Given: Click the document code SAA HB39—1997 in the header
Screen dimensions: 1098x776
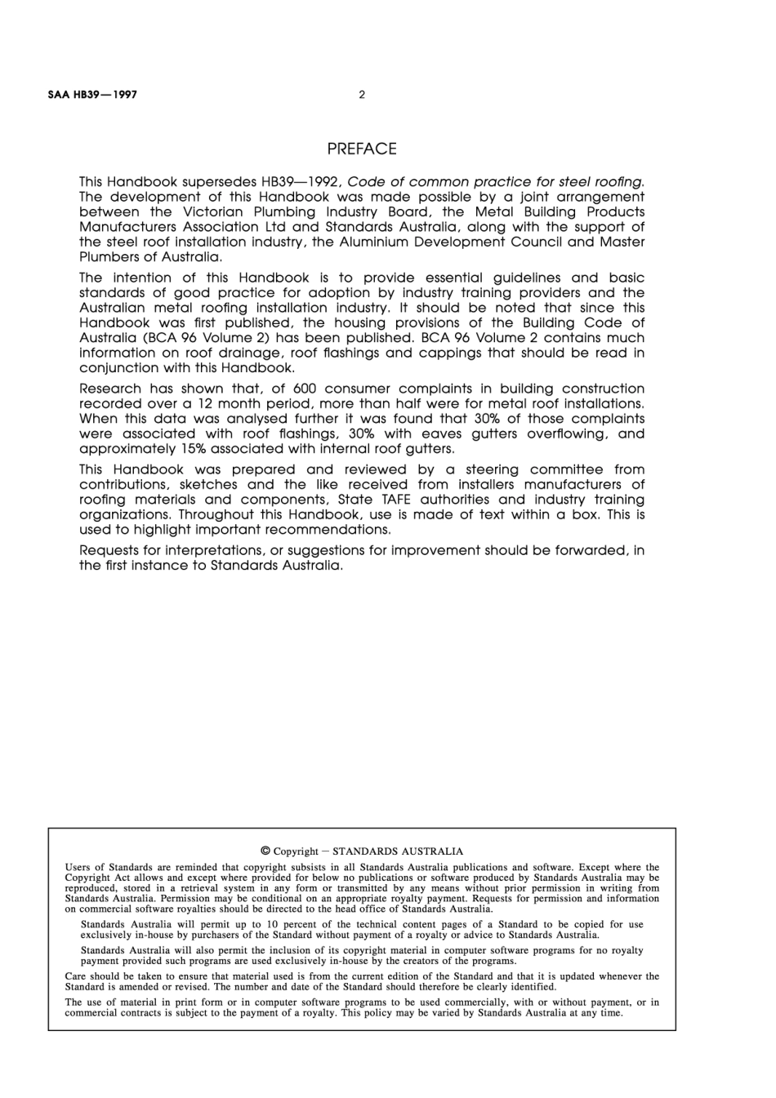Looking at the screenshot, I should [x=92, y=94].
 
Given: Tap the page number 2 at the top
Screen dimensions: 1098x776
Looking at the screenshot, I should [x=362, y=94].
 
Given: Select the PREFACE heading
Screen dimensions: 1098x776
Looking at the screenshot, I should [x=362, y=149].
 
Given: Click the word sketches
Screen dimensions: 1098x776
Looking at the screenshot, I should [x=208, y=484].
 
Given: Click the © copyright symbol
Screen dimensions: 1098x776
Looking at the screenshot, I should [x=265, y=851].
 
